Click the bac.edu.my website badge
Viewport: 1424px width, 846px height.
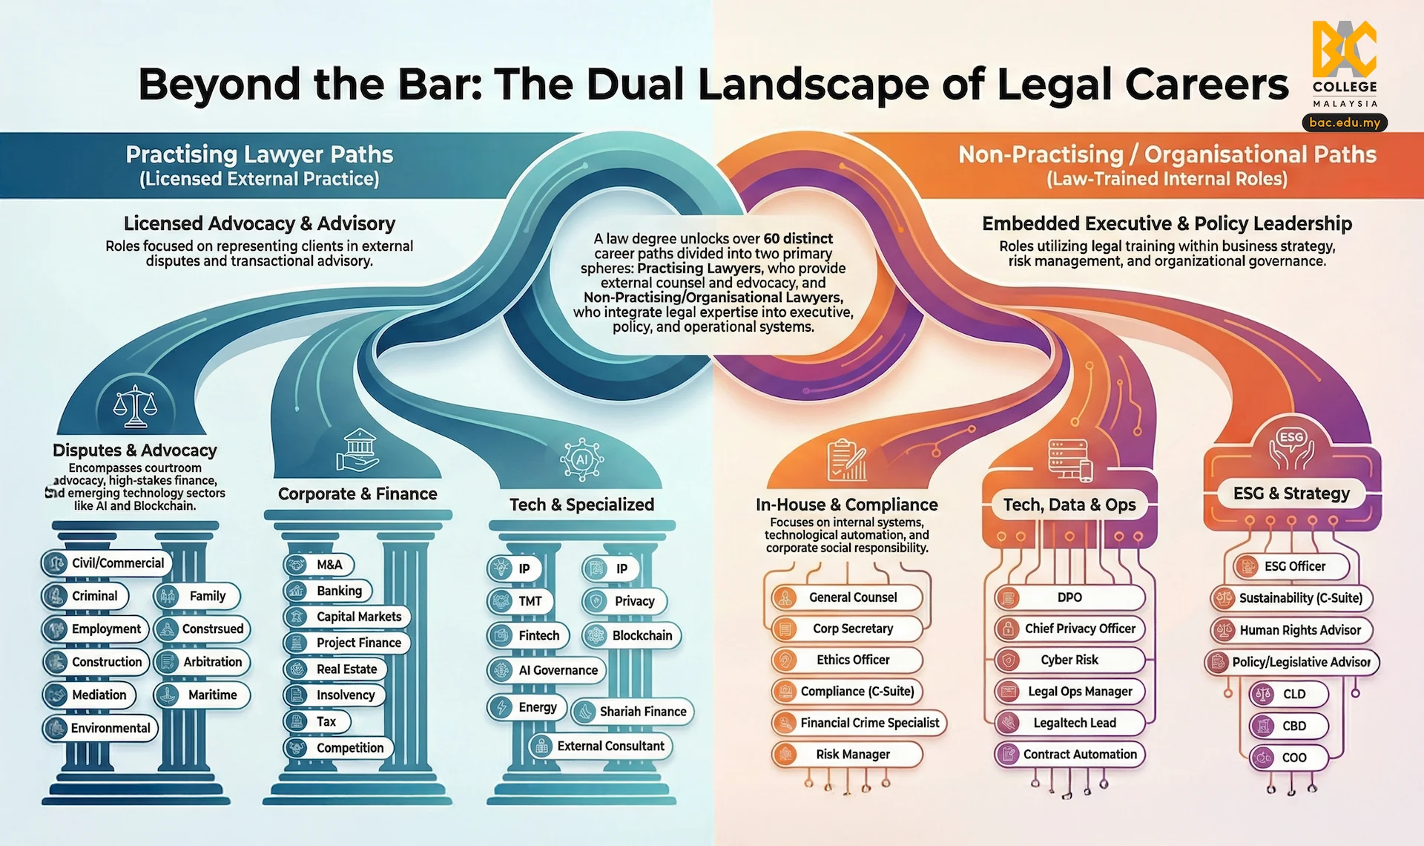coord(1344,122)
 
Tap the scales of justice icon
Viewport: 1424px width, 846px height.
coord(135,407)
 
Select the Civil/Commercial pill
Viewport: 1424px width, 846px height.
coord(107,563)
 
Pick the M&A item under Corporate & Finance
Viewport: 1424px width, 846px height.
coord(319,565)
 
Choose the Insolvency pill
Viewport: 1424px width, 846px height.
coord(335,695)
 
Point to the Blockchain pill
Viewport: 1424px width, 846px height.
coord(631,636)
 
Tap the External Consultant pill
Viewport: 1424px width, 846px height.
coord(601,747)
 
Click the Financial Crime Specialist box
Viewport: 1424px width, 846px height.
coord(860,723)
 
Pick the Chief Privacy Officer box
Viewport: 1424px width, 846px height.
coord(1070,629)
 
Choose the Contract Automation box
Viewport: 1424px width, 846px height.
coord(1070,755)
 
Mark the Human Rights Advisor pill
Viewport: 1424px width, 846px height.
coord(1291,630)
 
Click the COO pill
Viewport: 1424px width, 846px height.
coord(1288,758)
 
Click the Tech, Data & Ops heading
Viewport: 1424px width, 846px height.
coord(1069,505)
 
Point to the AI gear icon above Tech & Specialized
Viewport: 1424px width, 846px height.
coord(581,460)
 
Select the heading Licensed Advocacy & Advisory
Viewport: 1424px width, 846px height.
coord(260,223)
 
